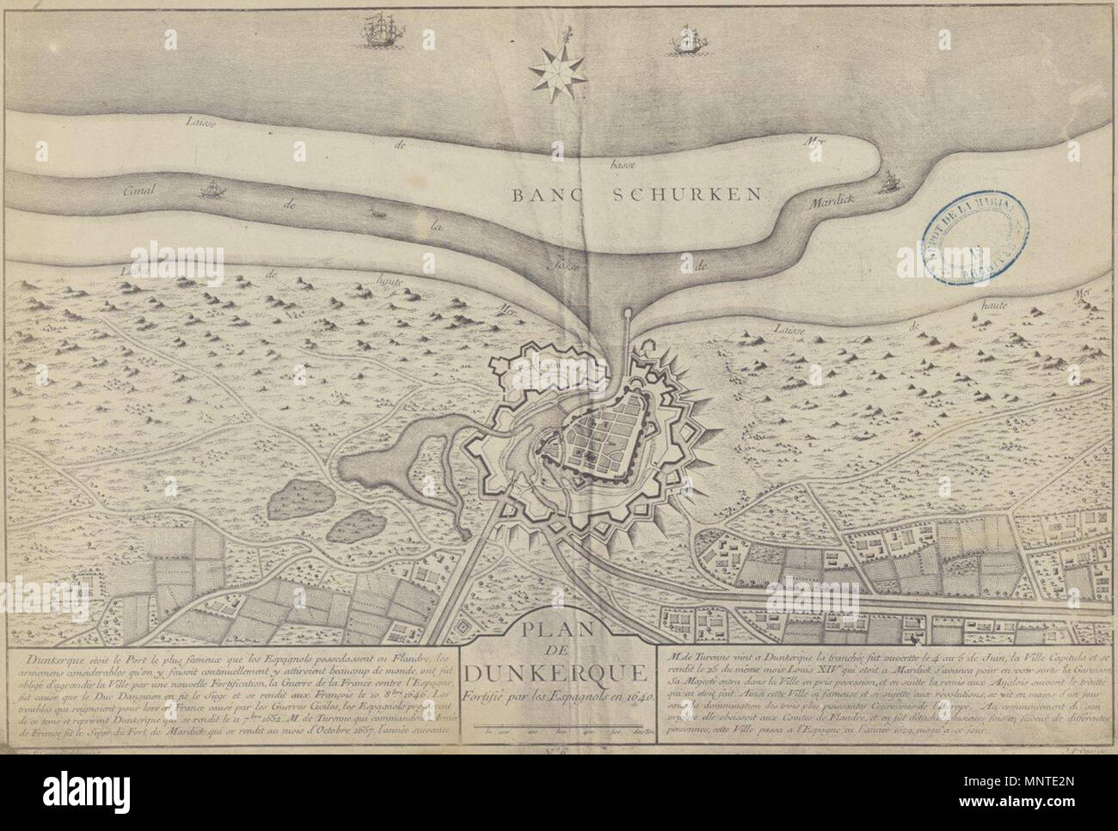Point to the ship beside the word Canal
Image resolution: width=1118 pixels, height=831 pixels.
click(211, 188)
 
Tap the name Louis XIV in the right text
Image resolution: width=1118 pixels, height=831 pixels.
click(811, 672)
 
